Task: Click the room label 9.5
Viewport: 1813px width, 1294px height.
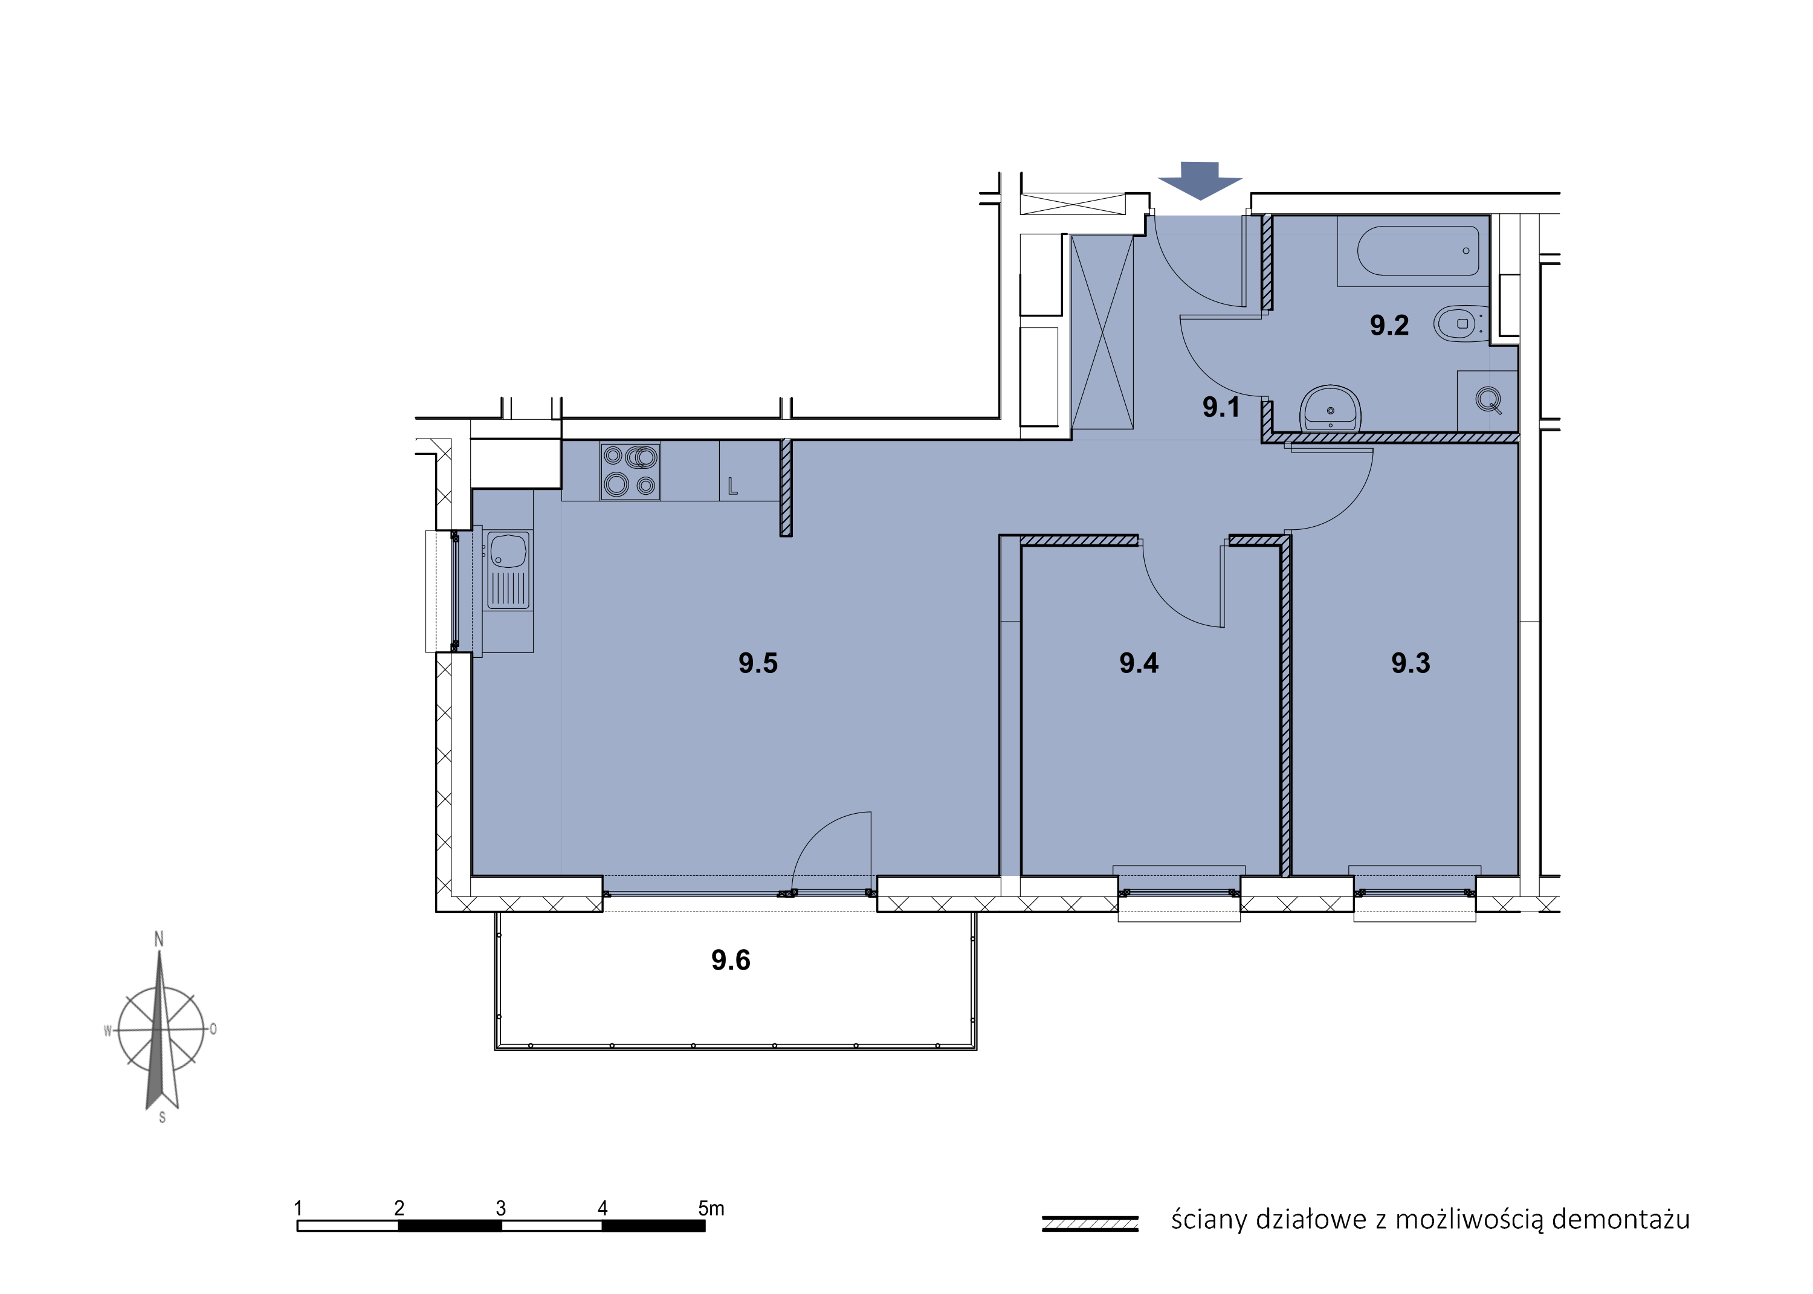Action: [x=757, y=663]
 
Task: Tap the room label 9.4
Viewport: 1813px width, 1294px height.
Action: [x=1139, y=663]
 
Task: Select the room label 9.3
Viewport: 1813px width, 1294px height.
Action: [x=1411, y=663]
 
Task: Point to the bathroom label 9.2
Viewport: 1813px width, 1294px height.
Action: [x=1389, y=325]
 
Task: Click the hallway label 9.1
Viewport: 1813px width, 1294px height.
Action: [x=1221, y=407]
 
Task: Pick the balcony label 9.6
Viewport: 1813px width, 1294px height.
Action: [x=731, y=960]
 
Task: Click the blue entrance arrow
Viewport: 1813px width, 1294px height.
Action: [x=1200, y=180]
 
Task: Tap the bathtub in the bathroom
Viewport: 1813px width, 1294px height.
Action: [x=1418, y=251]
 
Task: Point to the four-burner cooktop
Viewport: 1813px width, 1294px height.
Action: [x=630, y=471]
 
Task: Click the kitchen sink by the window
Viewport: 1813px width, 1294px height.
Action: [x=508, y=570]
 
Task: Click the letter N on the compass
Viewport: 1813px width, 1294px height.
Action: [x=158, y=939]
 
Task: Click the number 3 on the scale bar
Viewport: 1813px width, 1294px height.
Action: [x=500, y=1208]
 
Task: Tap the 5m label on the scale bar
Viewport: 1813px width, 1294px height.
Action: [x=711, y=1208]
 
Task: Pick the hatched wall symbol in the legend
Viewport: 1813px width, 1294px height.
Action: [x=1090, y=1223]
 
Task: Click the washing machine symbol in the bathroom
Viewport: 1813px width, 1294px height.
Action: [x=1488, y=399]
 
